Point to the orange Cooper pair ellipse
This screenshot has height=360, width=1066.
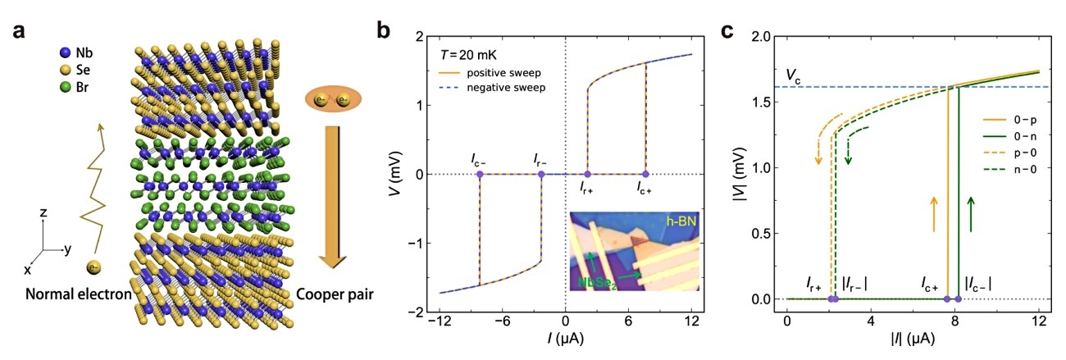333,99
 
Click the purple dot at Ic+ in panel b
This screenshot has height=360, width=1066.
645,174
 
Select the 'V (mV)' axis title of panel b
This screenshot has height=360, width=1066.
393,174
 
